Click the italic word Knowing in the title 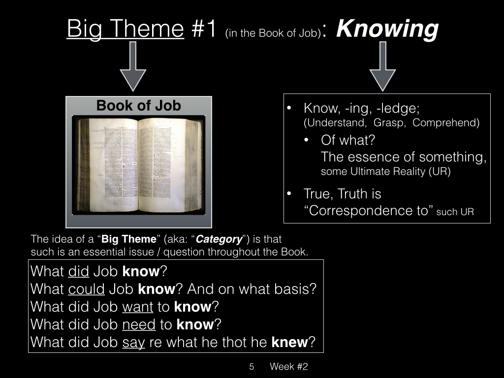coord(387,30)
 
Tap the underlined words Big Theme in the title coord(126,29)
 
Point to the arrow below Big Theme coord(133,66)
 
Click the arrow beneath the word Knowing coord(382,66)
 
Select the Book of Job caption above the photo coord(138,105)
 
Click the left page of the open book coord(113,164)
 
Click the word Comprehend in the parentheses coord(446,123)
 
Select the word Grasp coord(390,123)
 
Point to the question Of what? coord(348,140)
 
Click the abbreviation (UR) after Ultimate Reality coord(440,171)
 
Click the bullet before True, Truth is coord(289,193)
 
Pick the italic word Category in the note coord(219,239)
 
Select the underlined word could coord(86,289)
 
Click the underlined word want coord(138,307)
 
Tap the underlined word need coord(139,324)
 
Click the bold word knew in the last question coord(289,342)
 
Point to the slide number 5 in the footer coord(252,366)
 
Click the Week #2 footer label coord(288,366)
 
